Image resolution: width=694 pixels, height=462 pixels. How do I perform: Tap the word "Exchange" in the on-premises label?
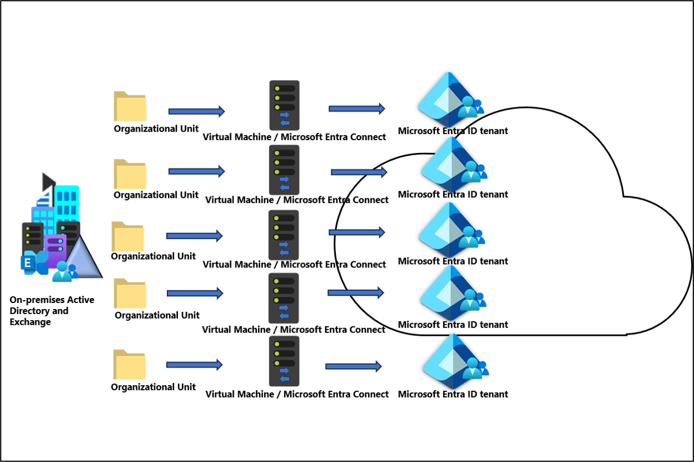pos(30,322)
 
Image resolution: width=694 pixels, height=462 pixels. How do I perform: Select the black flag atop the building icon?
pos(48,181)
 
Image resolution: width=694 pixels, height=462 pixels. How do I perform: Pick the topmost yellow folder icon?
pos(130,106)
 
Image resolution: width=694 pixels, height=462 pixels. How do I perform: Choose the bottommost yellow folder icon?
pos(130,365)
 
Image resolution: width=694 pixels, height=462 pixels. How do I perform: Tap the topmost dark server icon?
pos(284,105)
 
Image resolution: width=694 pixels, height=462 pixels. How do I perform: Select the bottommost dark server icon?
pos(284,361)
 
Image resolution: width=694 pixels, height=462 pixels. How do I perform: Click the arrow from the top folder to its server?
pos(196,111)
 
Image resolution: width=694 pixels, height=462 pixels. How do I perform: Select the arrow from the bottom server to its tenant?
pos(353,366)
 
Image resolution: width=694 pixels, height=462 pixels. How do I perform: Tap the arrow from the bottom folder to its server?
pos(194,365)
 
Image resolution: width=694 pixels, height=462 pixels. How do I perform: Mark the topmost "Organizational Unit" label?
pos(156,128)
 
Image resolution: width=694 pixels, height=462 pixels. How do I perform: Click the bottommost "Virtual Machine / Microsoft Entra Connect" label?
pos(297,394)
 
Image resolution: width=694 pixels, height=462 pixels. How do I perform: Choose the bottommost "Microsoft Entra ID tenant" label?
pos(453,394)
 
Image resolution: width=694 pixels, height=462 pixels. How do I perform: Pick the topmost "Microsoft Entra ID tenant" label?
pos(453,131)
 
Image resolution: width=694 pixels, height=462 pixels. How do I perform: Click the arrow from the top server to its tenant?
pos(356,108)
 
